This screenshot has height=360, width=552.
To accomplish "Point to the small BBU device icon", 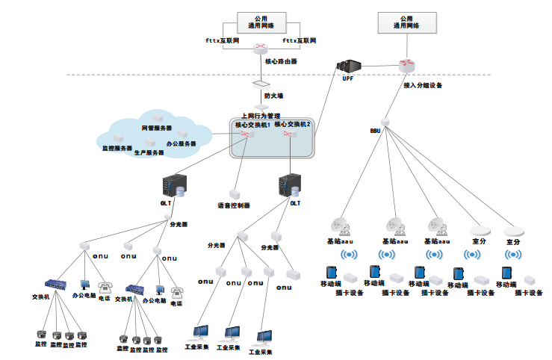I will [x=385, y=121].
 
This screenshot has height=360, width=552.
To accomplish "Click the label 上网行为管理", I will [x=260, y=116].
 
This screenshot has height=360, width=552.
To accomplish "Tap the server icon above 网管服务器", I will [x=158, y=118].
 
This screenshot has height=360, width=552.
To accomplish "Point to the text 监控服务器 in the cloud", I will [x=117, y=148].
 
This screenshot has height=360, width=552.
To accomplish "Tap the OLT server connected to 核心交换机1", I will [x=173, y=186].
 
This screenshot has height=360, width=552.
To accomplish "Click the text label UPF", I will [x=347, y=78].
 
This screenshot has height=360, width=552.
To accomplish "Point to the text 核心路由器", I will [x=282, y=61].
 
